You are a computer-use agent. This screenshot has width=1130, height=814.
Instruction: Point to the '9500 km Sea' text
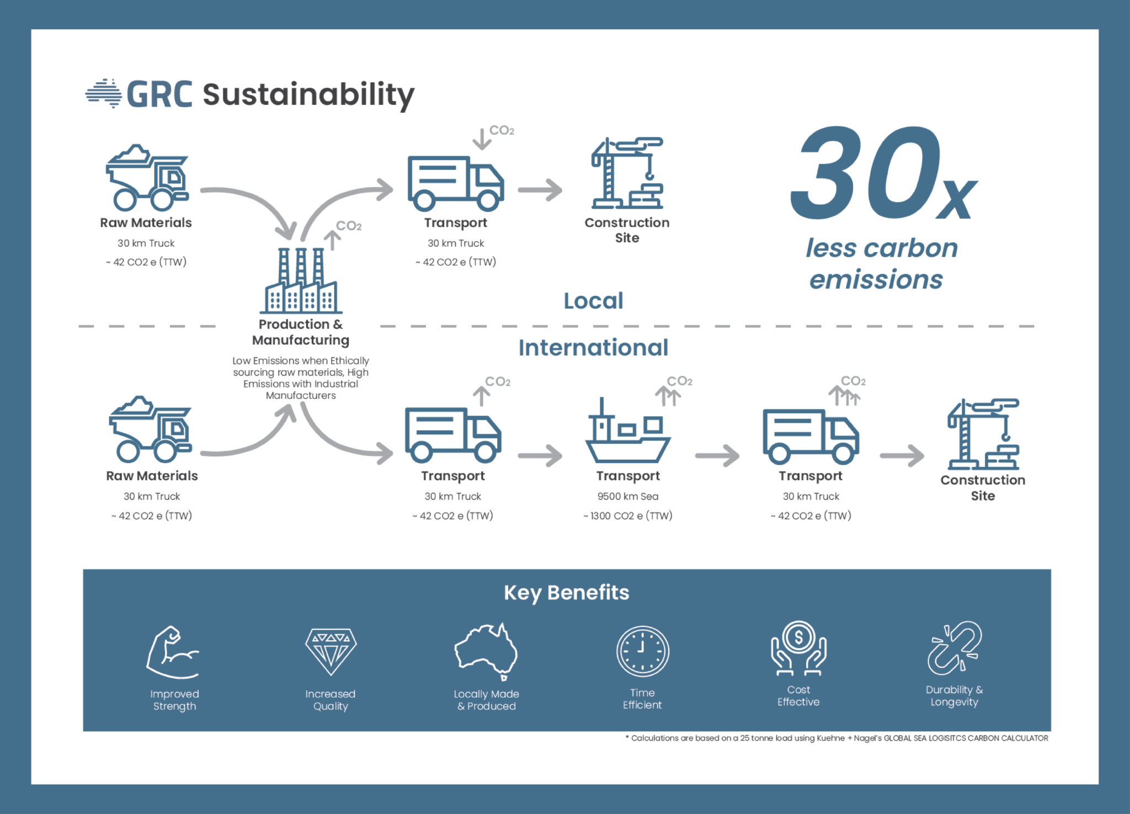point(628,496)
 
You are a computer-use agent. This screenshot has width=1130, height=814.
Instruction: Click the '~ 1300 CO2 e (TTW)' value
point(628,515)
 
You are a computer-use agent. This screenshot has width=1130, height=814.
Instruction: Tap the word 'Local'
point(593,301)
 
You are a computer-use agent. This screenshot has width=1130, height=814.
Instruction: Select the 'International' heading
point(593,348)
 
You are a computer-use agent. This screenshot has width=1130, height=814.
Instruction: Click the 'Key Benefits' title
point(566,593)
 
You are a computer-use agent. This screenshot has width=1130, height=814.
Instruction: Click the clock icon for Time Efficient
point(642,651)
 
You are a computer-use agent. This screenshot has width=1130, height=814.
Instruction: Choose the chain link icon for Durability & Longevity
point(954,648)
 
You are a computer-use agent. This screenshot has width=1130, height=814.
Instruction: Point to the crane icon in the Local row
point(627,173)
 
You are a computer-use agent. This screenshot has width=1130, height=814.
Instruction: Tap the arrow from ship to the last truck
point(717,456)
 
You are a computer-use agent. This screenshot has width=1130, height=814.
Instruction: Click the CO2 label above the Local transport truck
point(502,131)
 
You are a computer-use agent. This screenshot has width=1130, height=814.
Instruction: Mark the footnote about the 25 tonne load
point(836,738)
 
